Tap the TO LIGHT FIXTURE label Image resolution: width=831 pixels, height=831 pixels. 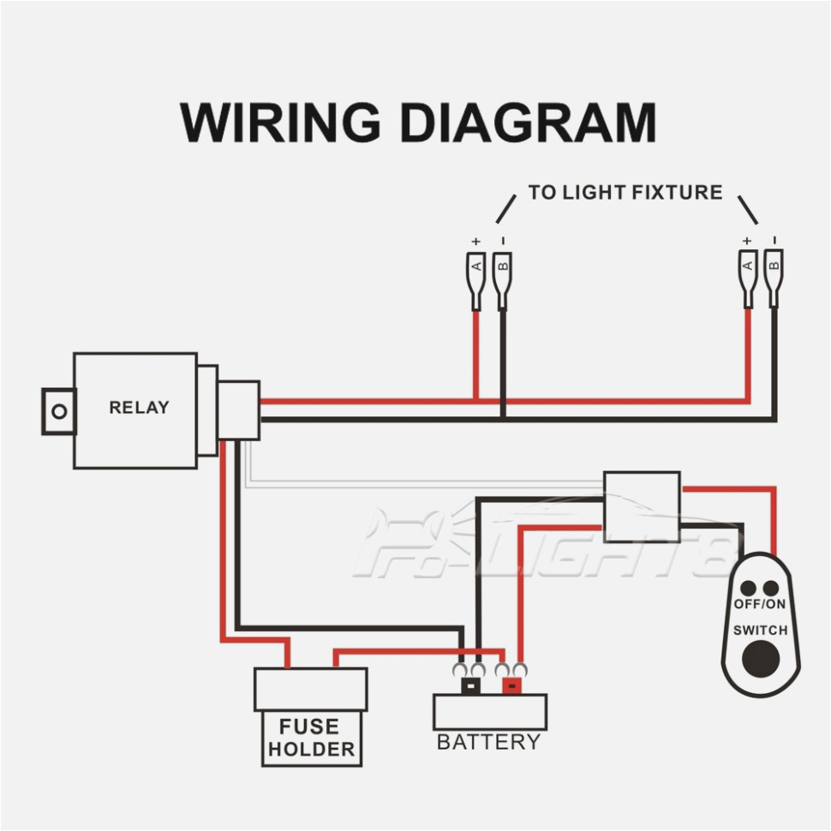(625, 193)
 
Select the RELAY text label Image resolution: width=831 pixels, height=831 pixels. (139, 408)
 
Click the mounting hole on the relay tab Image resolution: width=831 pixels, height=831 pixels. (59, 411)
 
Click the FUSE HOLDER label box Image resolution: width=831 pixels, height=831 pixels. (310, 738)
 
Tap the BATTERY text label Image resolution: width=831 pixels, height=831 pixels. (488, 742)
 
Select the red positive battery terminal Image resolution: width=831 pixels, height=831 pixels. (511, 685)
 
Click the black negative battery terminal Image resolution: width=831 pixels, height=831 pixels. (470, 685)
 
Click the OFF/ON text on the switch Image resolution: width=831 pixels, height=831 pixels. (759, 605)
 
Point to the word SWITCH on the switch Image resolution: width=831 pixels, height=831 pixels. (760, 631)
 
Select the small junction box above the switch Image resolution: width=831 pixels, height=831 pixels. (642, 506)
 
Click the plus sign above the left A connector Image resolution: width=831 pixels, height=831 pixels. (475, 242)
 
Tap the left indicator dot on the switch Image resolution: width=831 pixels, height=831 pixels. (749, 589)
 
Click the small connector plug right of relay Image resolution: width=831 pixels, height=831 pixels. (239, 410)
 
